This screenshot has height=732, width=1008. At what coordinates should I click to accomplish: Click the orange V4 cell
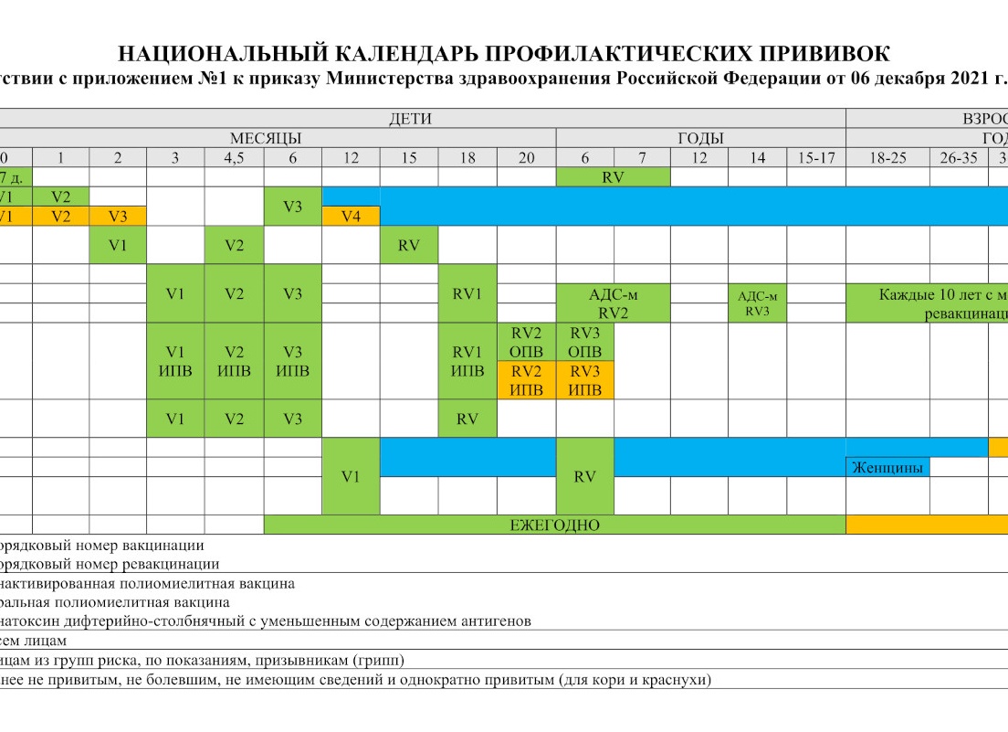[x=352, y=217]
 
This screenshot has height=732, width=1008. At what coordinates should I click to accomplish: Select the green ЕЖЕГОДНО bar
[x=554, y=525]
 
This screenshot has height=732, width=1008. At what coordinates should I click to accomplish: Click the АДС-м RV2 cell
[x=614, y=303]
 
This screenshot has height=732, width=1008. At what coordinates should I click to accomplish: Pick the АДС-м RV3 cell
[x=757, y=302]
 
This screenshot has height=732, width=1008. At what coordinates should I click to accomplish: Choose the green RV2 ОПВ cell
[x=527, y=343]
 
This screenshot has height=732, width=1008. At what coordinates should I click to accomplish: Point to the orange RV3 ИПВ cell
[x=585, y=381]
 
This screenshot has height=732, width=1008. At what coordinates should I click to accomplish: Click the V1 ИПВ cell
[x=175, y=362]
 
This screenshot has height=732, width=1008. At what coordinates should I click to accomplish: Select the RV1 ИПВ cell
[x=467, y=362]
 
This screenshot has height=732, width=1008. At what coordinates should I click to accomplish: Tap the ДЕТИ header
[x=410, y=119]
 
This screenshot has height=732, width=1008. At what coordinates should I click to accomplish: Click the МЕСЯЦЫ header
[x=265, y=139]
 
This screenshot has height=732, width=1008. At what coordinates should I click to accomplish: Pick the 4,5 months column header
[x=235, y=158]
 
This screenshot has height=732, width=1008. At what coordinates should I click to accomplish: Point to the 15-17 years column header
[x=816, y=158]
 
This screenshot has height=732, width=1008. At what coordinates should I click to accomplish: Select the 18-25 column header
[x=887, y=158]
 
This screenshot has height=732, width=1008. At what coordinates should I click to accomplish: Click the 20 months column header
[x=527, y=158]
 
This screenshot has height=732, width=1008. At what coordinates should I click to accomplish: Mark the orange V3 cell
[x=118, y=217]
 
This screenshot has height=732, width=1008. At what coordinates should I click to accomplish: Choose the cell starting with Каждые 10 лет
[x=940, y=294]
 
